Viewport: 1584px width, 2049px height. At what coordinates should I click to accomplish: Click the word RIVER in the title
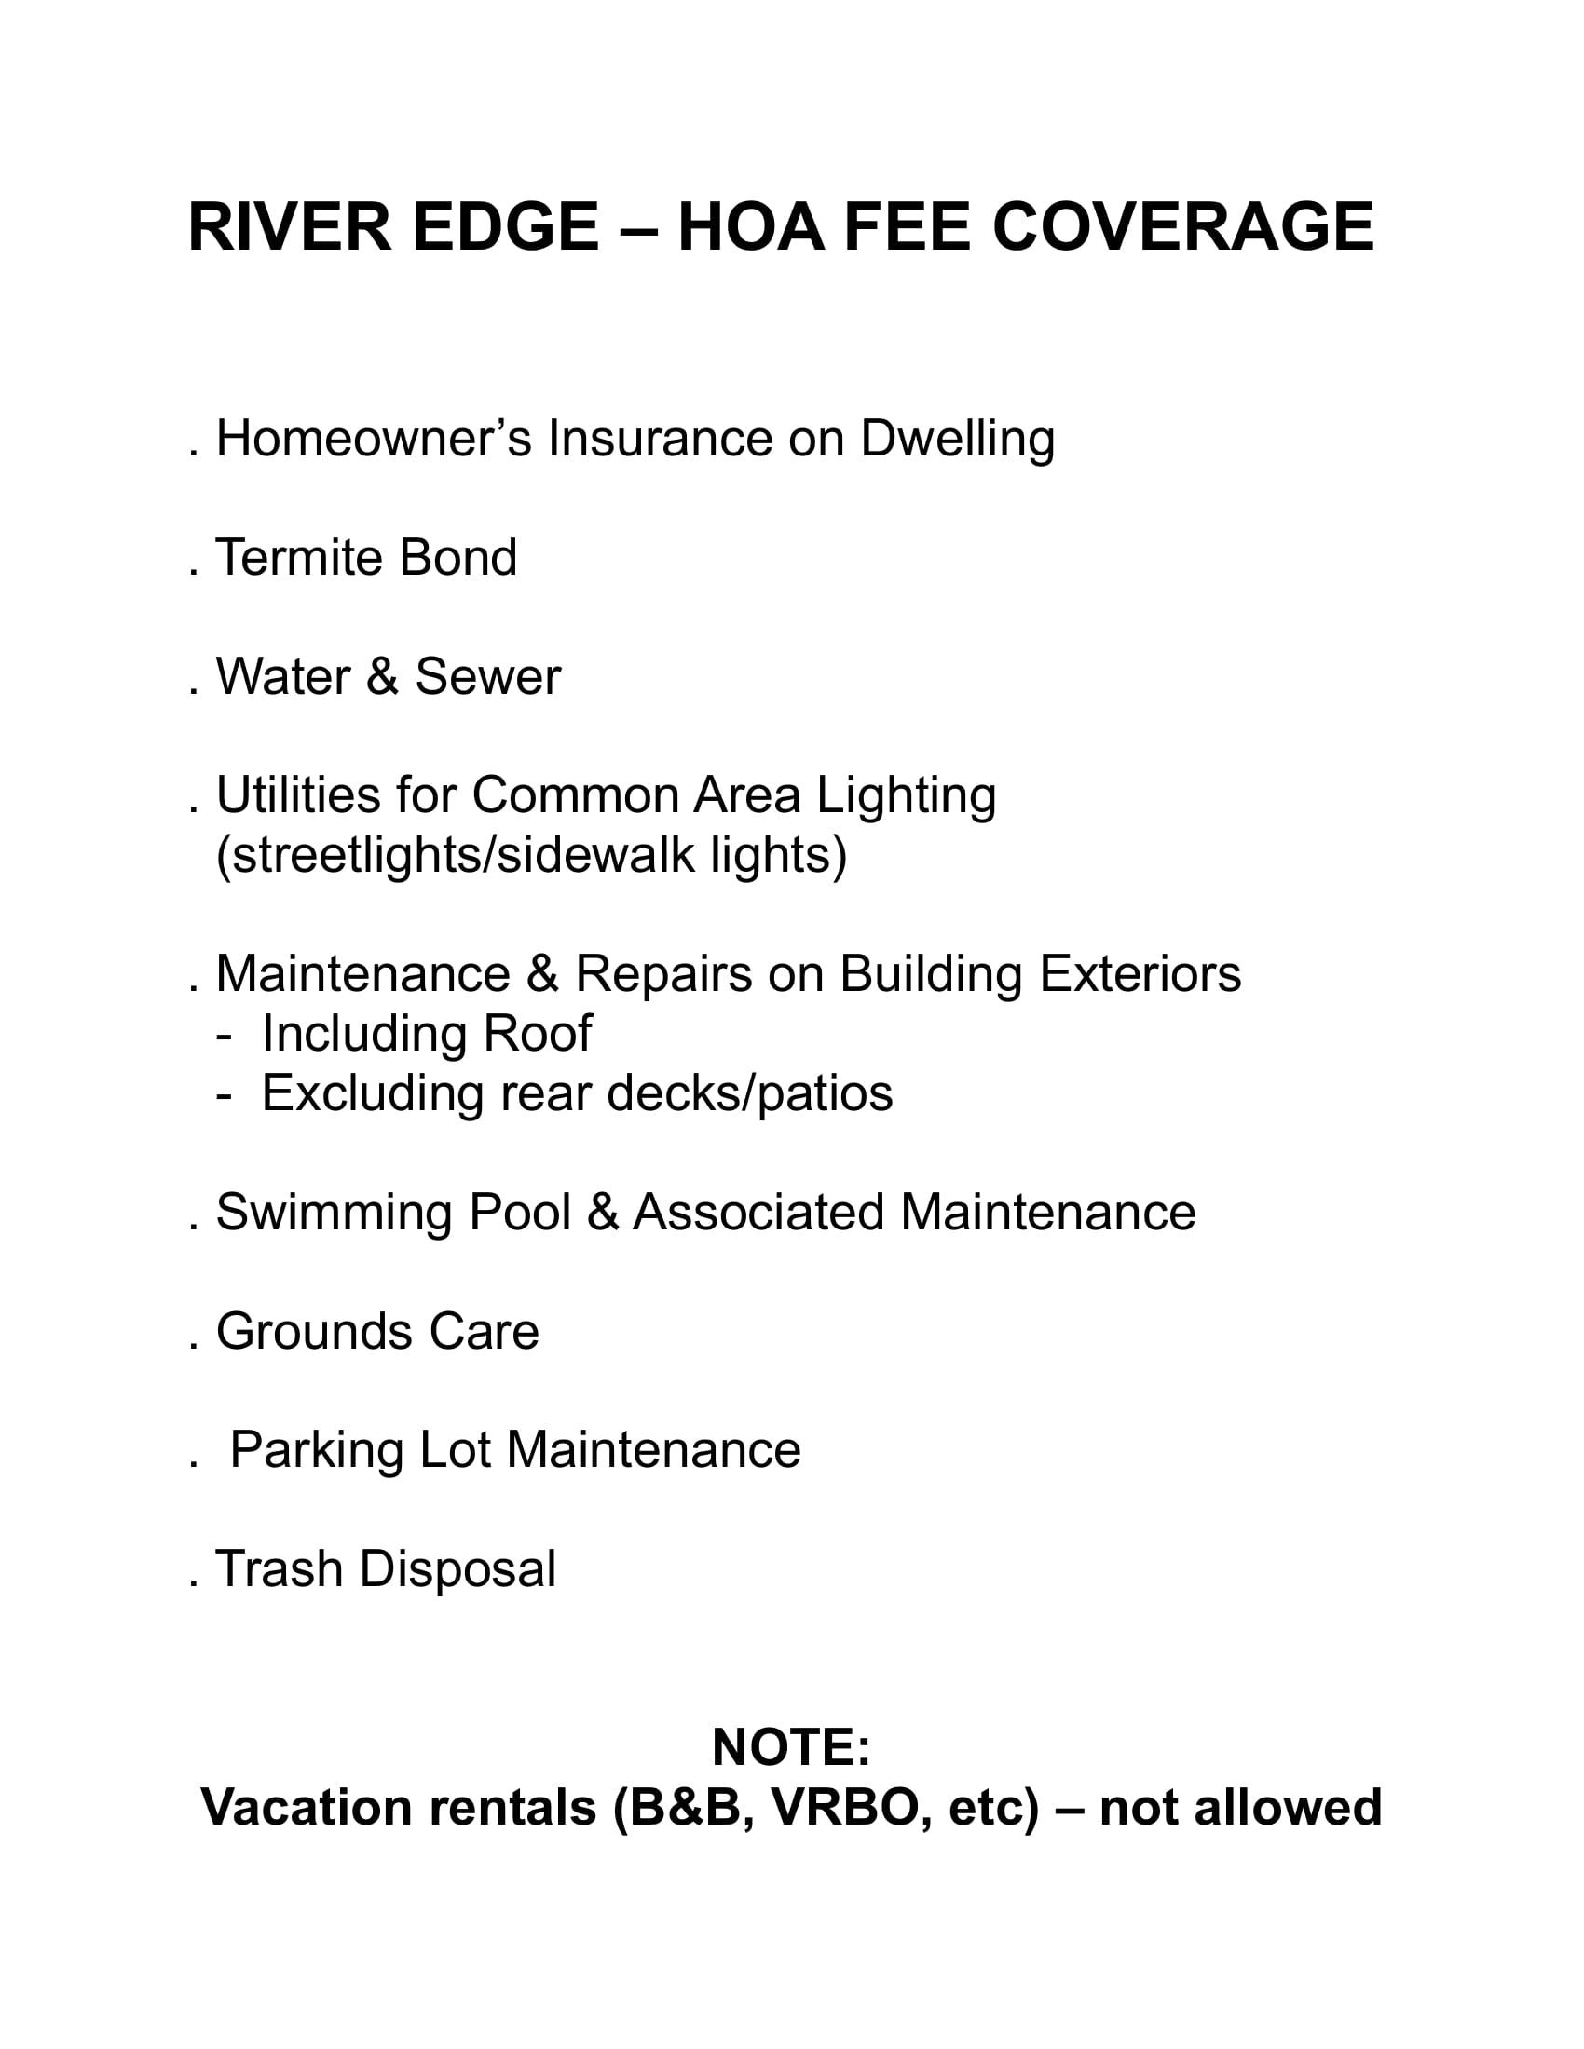click(x=289, y=228)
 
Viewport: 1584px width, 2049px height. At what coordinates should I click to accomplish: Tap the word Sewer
click(x=487, y=676)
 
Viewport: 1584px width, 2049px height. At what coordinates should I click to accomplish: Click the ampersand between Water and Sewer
click(x=382, y=676)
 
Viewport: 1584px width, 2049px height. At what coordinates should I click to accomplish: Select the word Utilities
click(x=297, y=795)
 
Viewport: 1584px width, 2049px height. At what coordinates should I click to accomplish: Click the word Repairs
click(x=663, y=975)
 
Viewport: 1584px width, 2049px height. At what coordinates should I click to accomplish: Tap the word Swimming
click(x=335, y=1213)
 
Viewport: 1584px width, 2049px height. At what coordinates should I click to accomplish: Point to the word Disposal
click(x=457, y=1569)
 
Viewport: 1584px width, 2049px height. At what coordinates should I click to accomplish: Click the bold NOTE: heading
click(x=791, y=1747)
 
